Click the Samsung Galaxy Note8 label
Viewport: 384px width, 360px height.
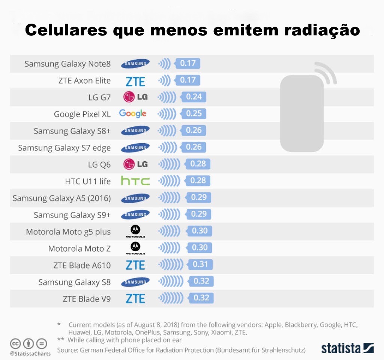tap(67, 64)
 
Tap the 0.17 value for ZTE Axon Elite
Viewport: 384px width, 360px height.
tap(188, 80)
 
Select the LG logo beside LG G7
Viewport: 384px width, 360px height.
tap(135, 97)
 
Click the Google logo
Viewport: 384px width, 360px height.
tap(133, 114)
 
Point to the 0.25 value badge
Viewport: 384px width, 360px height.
tap(193, 114)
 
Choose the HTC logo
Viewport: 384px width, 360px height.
tap(135, 181)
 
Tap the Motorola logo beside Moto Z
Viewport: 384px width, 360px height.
tap(135, 248)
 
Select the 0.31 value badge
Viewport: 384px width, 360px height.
tap(200, 264)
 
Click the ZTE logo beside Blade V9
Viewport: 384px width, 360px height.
tap(135, 298)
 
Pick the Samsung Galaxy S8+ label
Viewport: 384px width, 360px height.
tap(72, 131)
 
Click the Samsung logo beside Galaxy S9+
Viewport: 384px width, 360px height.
tap(135, 214)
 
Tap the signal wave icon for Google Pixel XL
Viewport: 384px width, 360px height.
tap(167, 114)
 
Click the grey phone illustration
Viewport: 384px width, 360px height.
tap(302, 112)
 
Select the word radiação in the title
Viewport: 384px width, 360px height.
tap(322, 30)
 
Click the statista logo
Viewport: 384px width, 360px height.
tap(347, 348)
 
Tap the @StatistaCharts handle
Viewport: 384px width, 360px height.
tap(30, 353)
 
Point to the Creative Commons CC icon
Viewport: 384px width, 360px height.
tap(15, 343)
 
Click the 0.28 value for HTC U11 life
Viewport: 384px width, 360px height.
tap(198, 181)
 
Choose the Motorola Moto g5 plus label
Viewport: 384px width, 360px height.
tap(68, 232)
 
